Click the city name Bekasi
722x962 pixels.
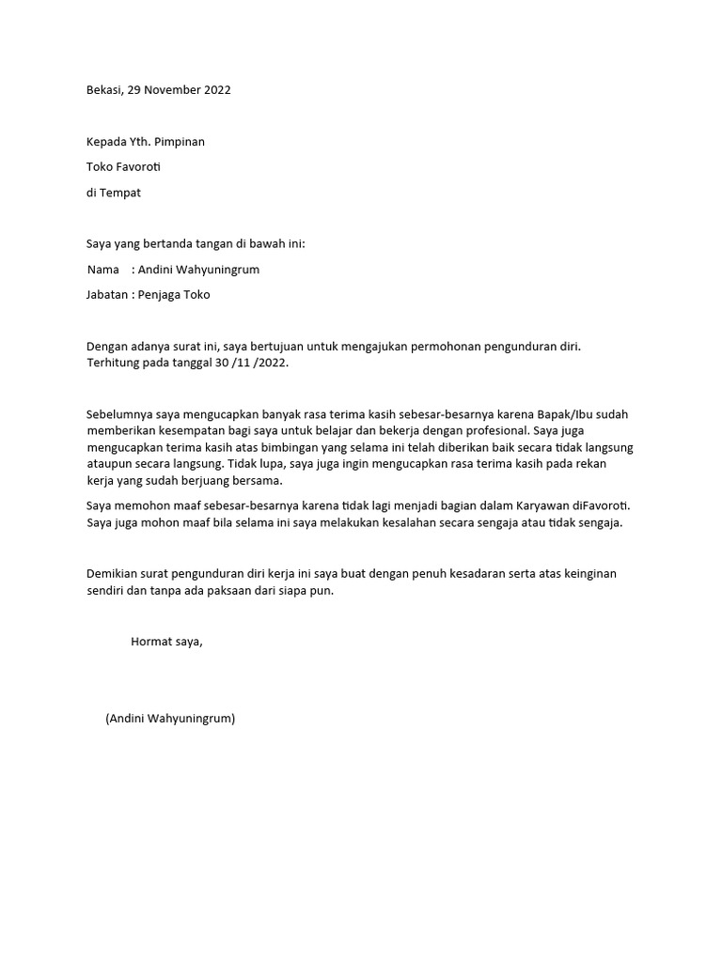pos(103,90)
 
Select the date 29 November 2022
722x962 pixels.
pos(184,90)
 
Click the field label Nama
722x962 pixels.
pos(103,270)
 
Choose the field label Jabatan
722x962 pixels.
pos(108,295)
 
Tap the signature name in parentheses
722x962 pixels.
pos(170,720)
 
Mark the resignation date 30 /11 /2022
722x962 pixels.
pos(253,363)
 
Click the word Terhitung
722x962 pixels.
pos(114,363)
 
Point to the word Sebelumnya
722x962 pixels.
pos(121,413)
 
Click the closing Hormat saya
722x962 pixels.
pos(166,642)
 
